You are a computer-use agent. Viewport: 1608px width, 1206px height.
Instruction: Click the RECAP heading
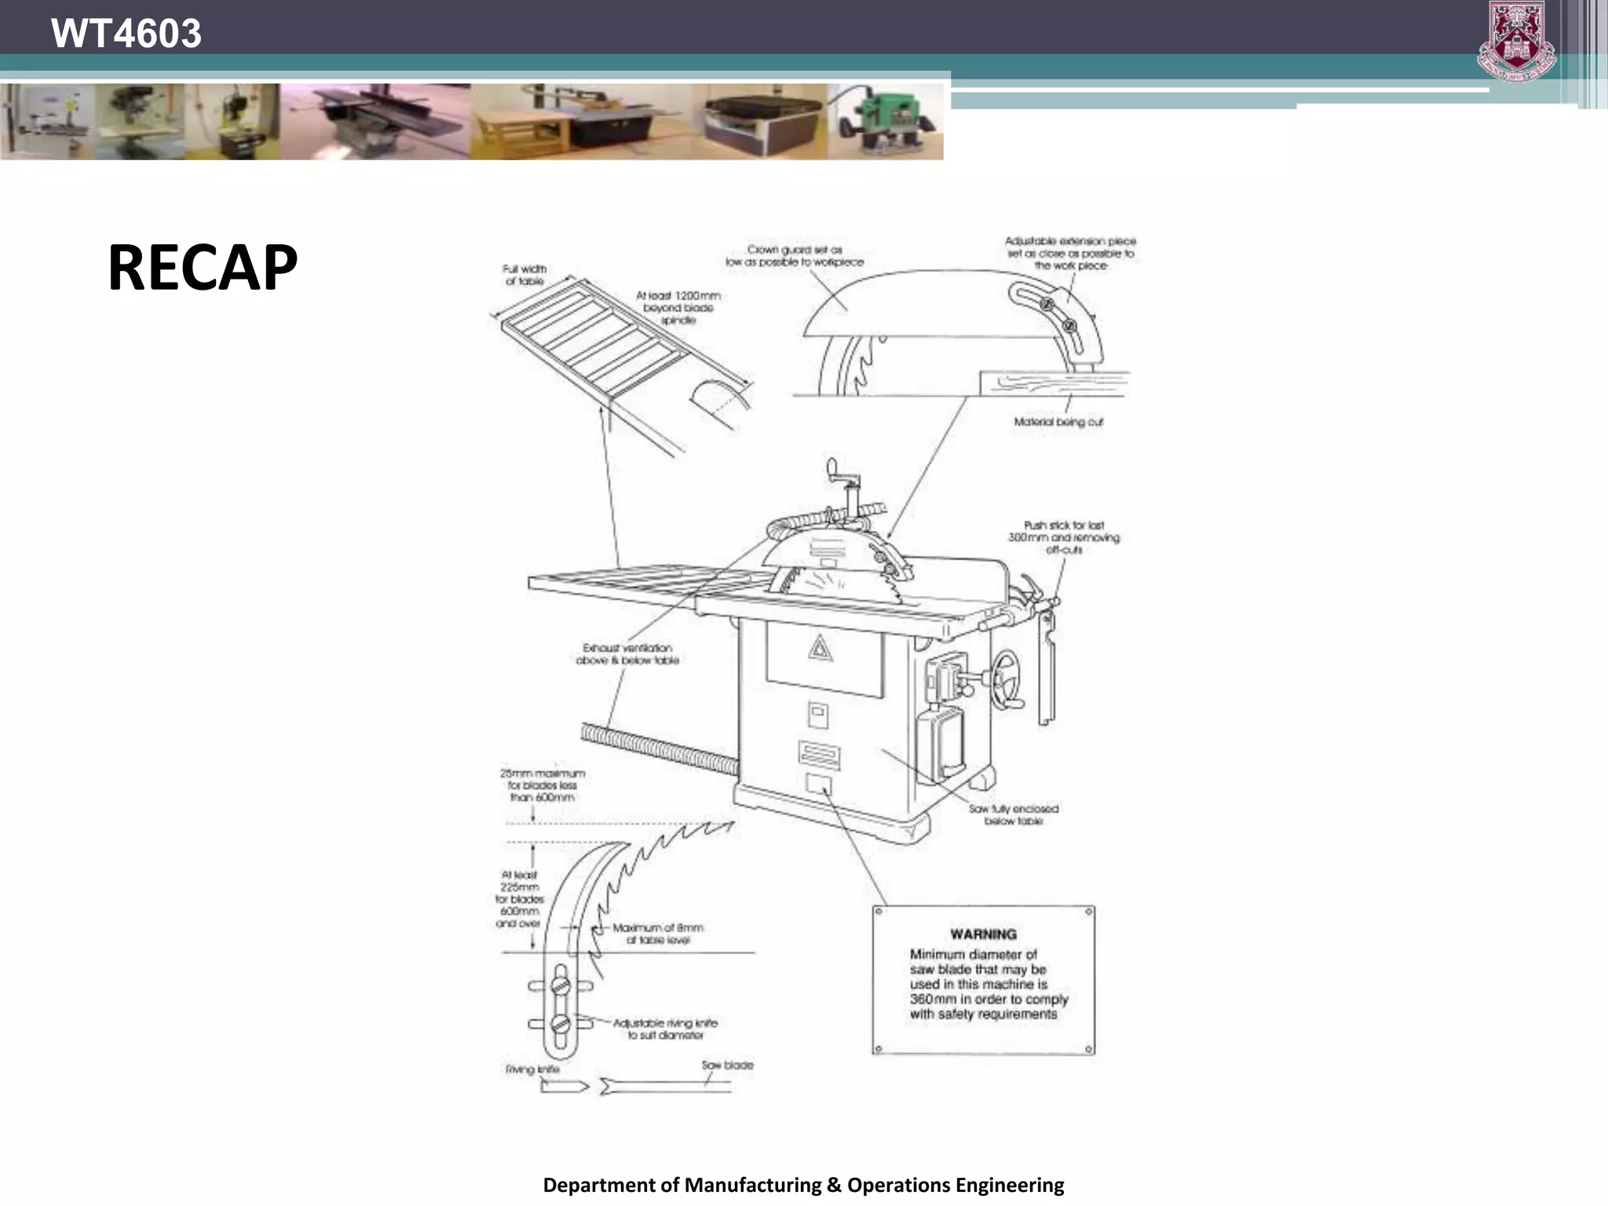pos(203,268)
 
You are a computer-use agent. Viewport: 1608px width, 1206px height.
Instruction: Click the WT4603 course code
pos(126,34)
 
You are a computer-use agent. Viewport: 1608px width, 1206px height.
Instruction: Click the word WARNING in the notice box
pos(983,934)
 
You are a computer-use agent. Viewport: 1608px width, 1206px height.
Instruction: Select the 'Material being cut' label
pos(1058,422)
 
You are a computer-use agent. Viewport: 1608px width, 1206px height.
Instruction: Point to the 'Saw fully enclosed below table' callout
pos(1013,814)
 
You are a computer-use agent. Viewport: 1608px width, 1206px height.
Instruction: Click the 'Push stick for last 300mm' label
pos(1064,537)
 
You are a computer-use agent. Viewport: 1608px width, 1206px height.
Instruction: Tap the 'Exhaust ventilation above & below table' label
pos(627,654)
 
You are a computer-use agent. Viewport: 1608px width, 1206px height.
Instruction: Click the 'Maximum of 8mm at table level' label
pos(658,934)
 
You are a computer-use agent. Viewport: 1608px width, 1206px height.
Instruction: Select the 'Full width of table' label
pos(524,275)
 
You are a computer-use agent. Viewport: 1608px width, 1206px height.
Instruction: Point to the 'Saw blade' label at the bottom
pos(727,1065)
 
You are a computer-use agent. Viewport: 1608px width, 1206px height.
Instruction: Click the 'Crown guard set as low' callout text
pos(795,256)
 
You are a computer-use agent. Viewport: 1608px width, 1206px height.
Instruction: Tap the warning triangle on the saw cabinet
pos(820,648)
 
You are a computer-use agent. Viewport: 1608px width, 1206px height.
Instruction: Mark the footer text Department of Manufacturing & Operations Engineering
pos(803,1185)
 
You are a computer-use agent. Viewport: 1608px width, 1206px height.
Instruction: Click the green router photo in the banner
pos(886,122)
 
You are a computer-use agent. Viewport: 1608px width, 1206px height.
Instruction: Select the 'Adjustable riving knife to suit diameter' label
pos(665,1029)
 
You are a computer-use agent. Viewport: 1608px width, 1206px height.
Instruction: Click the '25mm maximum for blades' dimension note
pos(542,785)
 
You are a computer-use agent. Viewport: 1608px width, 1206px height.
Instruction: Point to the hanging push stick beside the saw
pos(1047,667)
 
